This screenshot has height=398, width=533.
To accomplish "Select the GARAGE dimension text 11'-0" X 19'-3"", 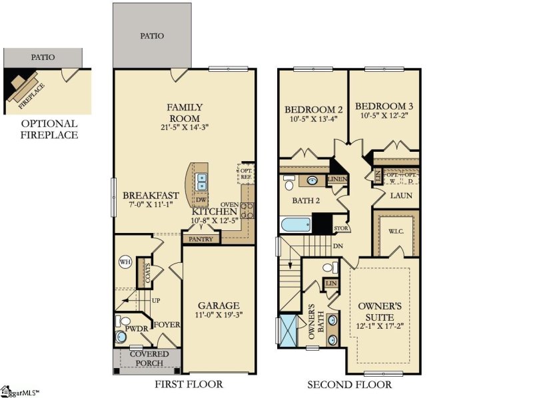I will (x=219, y=313).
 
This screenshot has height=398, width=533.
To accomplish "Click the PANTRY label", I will (x=201, y=238).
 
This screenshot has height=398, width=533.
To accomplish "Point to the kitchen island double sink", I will (x=202, y=180).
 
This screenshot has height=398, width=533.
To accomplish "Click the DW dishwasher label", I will (x=201, y=200).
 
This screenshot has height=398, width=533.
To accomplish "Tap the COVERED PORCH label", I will (x=149, y=358).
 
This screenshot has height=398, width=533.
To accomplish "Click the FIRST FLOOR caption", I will (x=189, y=385).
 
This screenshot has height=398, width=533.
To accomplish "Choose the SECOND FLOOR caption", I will (x=349, y=385).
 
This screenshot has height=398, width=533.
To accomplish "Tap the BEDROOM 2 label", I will (x=314, y=110).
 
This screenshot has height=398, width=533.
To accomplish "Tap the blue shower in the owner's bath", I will (x=290, y=330).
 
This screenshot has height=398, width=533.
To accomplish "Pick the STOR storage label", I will (x=340, y=228).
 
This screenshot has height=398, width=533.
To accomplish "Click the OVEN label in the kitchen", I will (x=230, y=204).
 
